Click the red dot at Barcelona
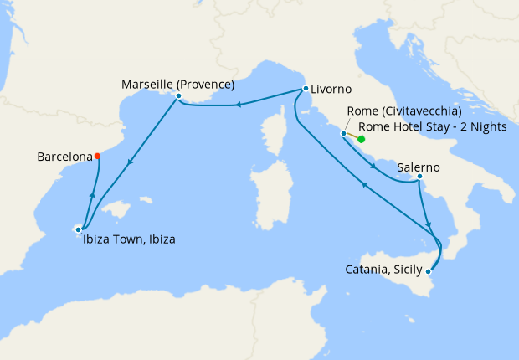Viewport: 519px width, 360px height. (98, 156)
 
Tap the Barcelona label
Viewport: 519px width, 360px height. (64, 157)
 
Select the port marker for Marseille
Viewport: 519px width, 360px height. (178, 96)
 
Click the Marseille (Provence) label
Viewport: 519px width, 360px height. (177, 85)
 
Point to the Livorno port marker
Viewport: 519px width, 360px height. (304, 89)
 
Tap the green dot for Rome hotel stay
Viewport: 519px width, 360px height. (362, 139)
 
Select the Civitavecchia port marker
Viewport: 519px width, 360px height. (343, 133)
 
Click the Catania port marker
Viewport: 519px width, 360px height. (429, 270)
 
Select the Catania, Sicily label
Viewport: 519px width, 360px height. (383, 270)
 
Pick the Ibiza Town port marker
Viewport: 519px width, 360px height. (79, 228)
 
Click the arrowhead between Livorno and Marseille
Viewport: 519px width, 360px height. (238, 105)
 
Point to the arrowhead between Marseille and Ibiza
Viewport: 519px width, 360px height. (129, 163)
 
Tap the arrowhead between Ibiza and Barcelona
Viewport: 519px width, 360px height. (91, 195)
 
